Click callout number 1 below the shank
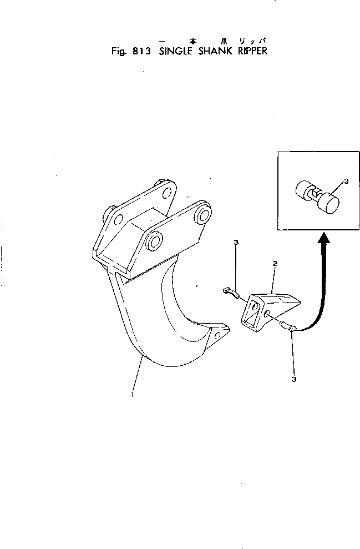(132, 395)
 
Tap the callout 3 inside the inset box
(345, 181)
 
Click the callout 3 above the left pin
(236, 243)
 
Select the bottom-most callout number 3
(293, 380)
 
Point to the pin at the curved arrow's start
(288, 326)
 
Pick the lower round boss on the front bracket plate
(155, 241)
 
